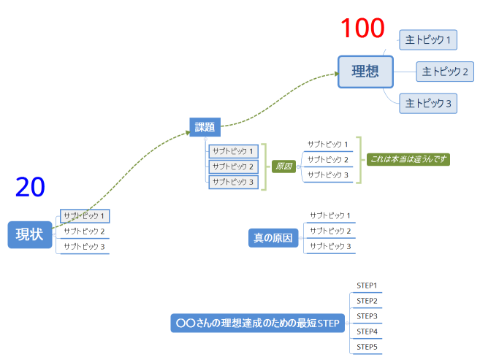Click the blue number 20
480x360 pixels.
coord(30,188)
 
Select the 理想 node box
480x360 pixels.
coord(365,72)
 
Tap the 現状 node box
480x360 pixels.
coord(30,234)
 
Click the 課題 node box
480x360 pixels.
coord(205,128)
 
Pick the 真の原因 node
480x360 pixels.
coord(273,237)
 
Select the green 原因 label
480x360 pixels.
coord(283,166)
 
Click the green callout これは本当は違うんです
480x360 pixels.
coord(408,158)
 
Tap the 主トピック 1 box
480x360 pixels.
coord(428,39)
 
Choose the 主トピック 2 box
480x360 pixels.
coord(444,72)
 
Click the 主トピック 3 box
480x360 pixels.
coord(428,104)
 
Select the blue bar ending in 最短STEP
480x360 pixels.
coord(258,323)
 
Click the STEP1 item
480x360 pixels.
coord(366,286)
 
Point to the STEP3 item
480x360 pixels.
coord(366,316)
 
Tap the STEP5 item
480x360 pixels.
coord(366,347)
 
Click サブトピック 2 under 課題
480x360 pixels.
coord(233,166)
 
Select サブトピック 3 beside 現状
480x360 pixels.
coord(84,247)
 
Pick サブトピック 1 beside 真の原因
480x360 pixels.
coord(329,215)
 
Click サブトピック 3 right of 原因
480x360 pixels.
coord(327,175)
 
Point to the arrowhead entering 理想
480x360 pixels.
coord(335,73)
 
